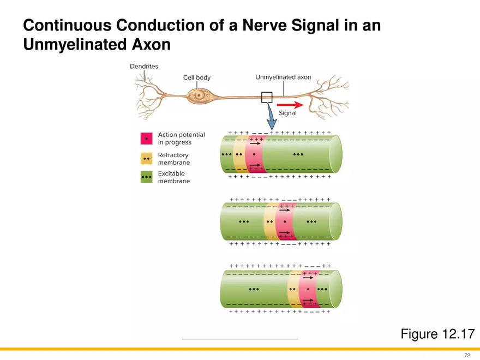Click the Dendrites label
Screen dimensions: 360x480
point(144,67)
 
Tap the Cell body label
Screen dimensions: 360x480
point(196,78)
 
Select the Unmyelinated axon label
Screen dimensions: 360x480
point(283,77)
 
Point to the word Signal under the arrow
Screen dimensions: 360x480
point(287,113)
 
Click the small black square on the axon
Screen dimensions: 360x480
point(267,97)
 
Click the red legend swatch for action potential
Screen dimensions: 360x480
point(146,139)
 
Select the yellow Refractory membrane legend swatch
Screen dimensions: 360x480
point(146,159)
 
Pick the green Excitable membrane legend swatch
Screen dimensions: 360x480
point(146,177)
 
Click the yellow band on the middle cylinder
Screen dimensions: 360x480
point(269,222)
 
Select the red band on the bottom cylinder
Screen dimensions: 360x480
point(308,289)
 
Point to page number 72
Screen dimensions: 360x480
point(467,355)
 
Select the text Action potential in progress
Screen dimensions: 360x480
point(181,139)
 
